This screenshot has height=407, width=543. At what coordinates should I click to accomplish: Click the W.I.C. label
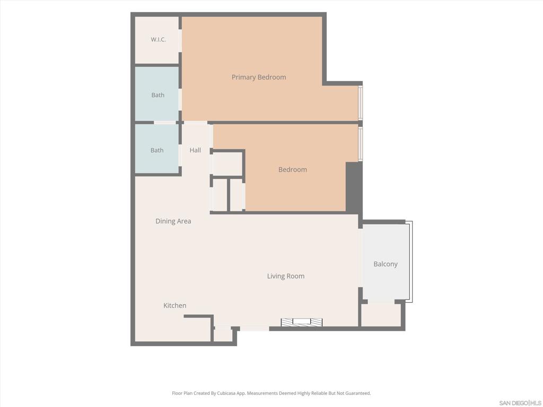pos(158,39)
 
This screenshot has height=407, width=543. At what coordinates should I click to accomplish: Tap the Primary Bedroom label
pos(259,77)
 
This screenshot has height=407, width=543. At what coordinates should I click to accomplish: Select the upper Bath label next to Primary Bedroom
pos(158,95)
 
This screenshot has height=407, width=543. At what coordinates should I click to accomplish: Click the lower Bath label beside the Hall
pos(157,150)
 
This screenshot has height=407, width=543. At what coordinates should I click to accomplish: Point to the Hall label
pos(195,150)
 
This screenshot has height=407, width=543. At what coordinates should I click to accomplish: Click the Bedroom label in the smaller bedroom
pos(293,170)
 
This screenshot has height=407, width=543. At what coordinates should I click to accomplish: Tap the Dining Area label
pos(173,221)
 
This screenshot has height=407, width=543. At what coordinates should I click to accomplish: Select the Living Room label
pos(286,276)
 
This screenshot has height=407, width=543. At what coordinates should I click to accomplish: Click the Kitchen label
pos(175,306)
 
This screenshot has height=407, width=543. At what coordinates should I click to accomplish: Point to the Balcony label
pos(386,264)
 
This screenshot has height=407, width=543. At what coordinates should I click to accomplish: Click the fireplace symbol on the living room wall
pos(302,322)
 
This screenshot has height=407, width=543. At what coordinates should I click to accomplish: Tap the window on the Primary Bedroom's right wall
pos(361,103)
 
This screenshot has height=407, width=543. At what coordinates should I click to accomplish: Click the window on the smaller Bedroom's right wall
pos(361,144)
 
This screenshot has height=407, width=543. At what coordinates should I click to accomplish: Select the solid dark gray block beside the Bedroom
pos(354,188)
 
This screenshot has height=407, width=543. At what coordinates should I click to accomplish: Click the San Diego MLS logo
pos(520,403)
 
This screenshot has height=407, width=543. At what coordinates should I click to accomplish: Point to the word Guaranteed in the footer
pos(358,393)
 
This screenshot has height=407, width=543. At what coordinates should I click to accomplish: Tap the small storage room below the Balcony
pos(381,315)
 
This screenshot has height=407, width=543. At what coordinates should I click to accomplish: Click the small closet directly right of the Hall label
pos(227,163)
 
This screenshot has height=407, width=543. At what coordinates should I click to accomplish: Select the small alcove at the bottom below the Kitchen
pos(223,334)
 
